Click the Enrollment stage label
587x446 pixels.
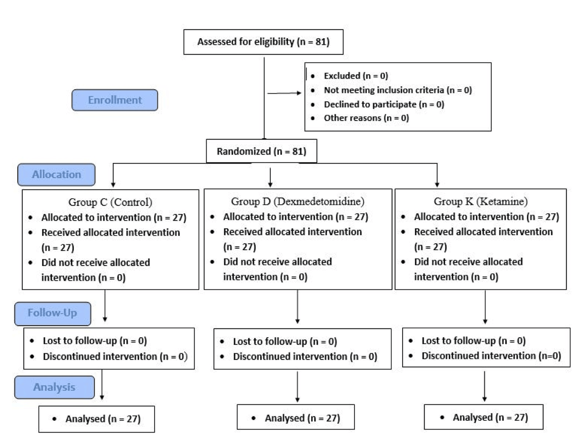tap(114, 100)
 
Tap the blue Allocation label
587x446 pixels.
tap(56, 174)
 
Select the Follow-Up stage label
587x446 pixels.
tap(53, 313)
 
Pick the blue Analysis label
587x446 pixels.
tap(54, 387)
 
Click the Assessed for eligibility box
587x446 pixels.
tap(263, 42)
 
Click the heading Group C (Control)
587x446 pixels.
tap(110, 202)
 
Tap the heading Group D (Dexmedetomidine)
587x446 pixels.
tap(297, 201)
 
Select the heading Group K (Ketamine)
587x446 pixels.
tap(481, 201)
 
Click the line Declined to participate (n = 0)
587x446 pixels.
tap(384, 104)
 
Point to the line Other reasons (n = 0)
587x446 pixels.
tap(366, 118)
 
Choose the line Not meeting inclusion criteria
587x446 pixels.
tap(397, 90)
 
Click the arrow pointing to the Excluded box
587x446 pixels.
tap(284, 93)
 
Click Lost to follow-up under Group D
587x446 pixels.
tap(285, 341)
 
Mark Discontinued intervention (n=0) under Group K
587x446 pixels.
tap(491, 356)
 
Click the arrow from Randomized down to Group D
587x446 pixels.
tap(270, 177)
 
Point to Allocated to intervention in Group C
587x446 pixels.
tap(114, 218)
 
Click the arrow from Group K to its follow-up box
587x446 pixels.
tap(485, 307)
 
